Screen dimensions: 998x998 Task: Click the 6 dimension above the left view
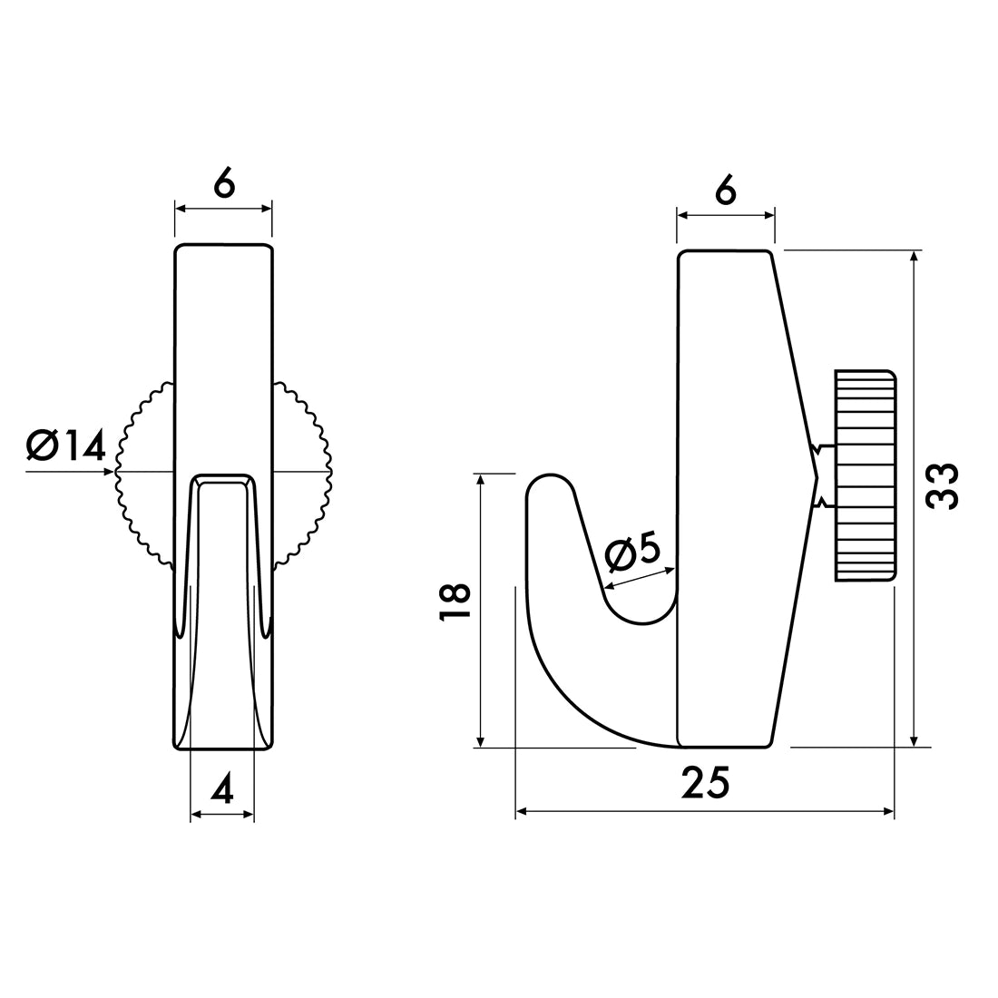point(224,183)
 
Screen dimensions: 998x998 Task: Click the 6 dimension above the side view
point(725,191)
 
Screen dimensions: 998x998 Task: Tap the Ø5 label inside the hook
point(632,553)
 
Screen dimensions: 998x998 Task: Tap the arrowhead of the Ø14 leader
point(111,472)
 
